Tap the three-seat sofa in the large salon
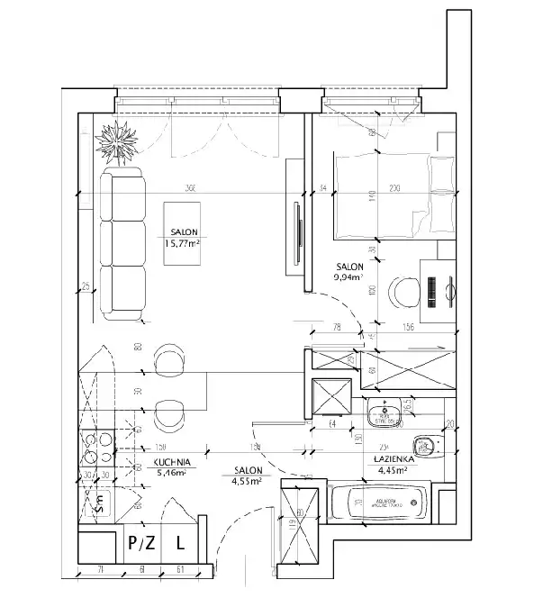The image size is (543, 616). [x=122, y=242]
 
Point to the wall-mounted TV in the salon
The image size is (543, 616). [x=294, y=231]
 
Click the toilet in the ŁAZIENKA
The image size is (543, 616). [x=424, y=444]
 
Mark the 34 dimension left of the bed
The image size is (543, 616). [x=321, y=187]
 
